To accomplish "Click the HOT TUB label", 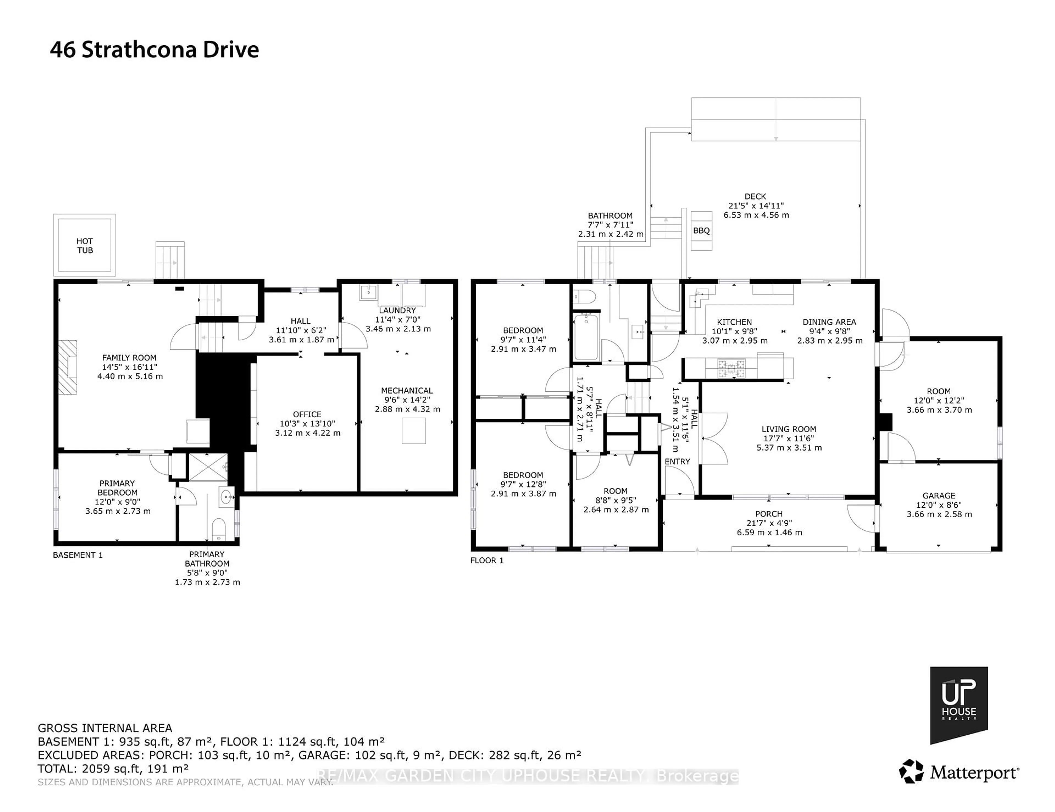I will [85, 245].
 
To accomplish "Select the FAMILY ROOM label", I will [129, 357].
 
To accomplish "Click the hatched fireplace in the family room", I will [68, 367].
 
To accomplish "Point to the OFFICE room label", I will [307, 414].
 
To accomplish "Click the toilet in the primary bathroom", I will [219, 529].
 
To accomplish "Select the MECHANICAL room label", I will [407, 390].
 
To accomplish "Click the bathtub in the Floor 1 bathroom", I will [586, 337].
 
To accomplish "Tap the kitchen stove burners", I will [731, 369].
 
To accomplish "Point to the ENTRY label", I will [677, 461].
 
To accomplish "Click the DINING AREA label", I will [829, 322].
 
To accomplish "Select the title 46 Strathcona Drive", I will [155, 50].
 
